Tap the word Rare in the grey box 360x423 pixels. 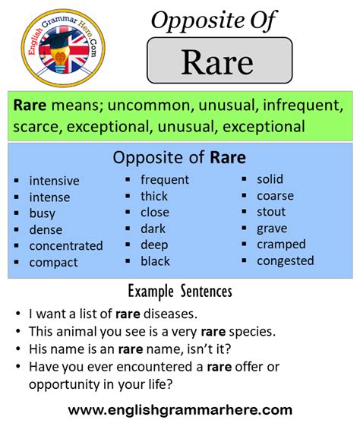[217, 62]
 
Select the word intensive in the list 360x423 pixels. [54, 181]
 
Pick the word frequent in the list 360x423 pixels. [165, 180]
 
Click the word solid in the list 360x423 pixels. [270, 179]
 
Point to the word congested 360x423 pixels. [285, 261]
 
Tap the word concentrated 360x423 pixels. [66, 246]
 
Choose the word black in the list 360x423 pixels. [156, 261]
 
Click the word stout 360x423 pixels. [271, 212]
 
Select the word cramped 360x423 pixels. [281, 245]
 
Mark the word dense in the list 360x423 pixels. [46, 229]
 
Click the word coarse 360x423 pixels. [275, 196]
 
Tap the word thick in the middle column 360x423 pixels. [154, 196]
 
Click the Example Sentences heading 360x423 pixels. [180, 291]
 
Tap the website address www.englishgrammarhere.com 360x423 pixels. [180, 409]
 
